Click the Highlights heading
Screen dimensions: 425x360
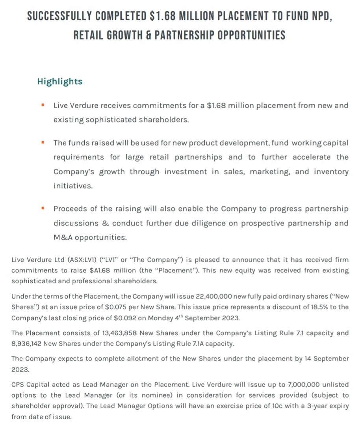pyautogui.click(x=59, y=81)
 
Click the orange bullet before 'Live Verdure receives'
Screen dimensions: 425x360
pyautogui.click(x=43, y=105)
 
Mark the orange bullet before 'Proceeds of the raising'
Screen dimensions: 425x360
pyautogui.click(x=43, y=208)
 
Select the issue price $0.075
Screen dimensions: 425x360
pyautogui.click(x=128, y=307)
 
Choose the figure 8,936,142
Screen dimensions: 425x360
pyautogui.click(x=26, y=344)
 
